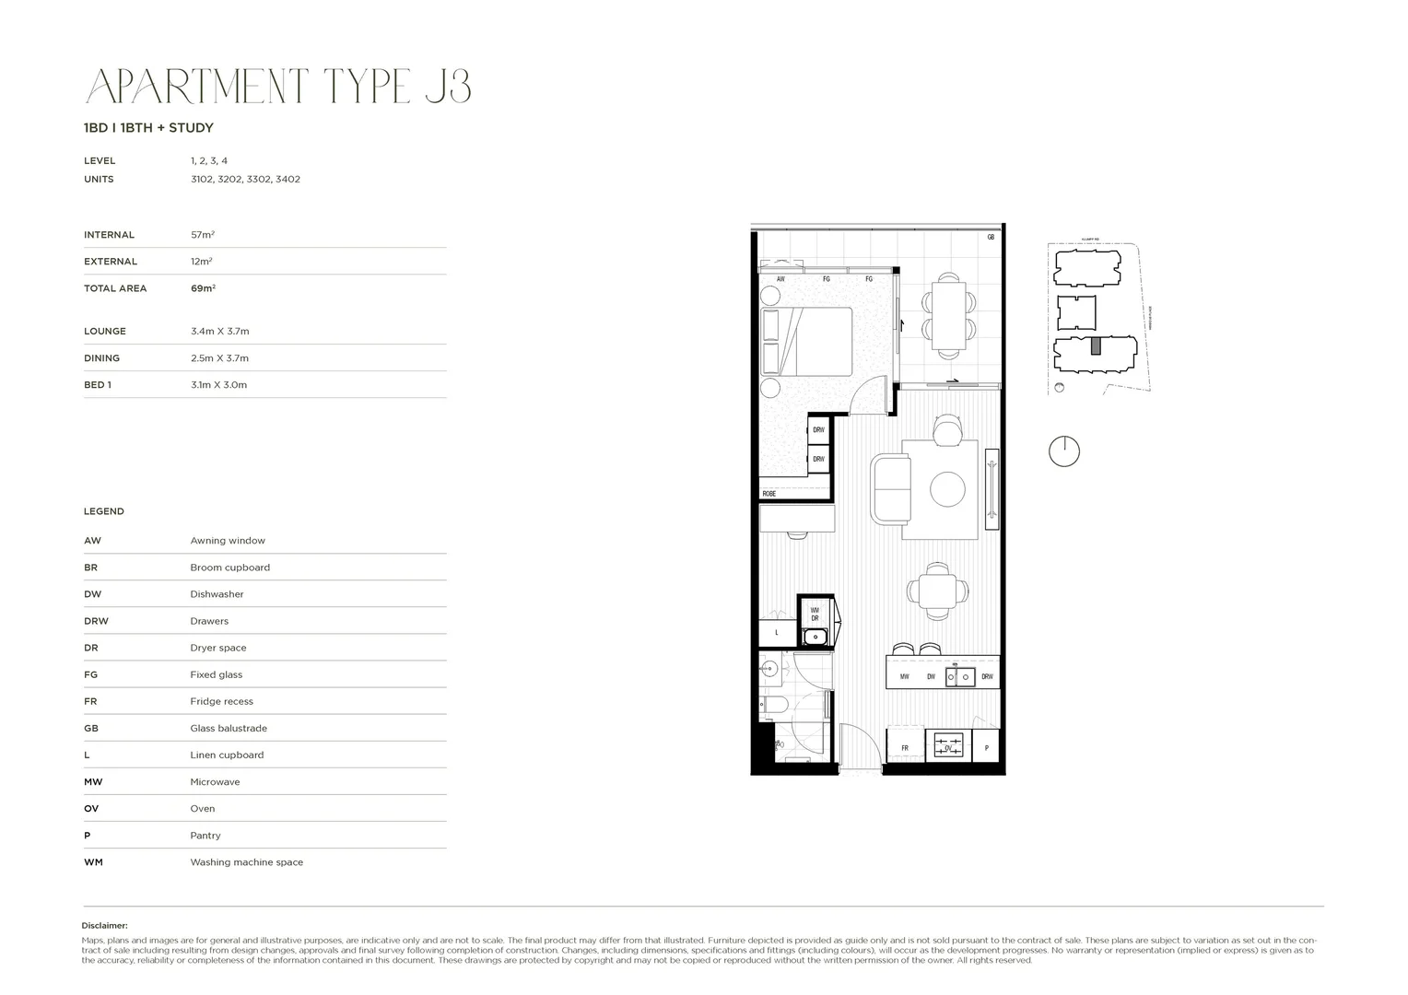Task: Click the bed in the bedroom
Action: (x=806, y=341)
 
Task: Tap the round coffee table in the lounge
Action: (x=947, y=489)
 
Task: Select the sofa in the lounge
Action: (x=890, y=489)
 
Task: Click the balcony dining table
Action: (x=948, y=315)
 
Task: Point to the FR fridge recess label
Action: (x=905, y=748)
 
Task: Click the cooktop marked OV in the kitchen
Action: (x=949, y=745)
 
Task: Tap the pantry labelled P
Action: (x=986, y=748)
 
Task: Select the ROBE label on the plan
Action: (x=769, y=494)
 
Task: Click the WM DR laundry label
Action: (x=815, y=614)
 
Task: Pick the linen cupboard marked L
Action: (x=777, y=633)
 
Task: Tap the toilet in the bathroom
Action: (x=772, y=707)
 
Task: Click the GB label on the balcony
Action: (x=991, y=238)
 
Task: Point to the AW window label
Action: (x=780, y=279)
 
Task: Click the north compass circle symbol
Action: (x=1064, y=451)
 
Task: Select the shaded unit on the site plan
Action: (x=1096, y=346)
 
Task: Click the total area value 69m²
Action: (x=203, y=288)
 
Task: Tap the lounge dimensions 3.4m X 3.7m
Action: (x=219, y=331)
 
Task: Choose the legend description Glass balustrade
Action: (x=229, y=728)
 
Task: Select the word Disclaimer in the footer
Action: (x=104, y=926)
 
